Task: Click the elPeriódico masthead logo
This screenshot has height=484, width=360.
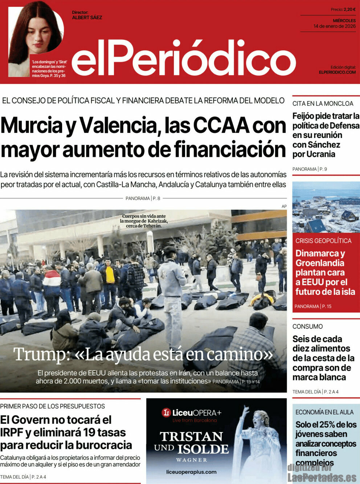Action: [183, 58]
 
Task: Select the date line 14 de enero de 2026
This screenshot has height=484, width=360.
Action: [335, 26]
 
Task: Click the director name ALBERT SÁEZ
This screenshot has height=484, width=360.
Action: [87, 17]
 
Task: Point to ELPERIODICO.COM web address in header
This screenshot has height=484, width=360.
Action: [337, 72]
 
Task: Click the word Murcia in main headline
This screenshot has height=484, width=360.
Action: [32, 126]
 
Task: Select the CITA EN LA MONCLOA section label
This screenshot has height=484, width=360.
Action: [323, 103]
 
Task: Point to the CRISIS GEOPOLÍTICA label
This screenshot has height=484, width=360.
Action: [323, 241]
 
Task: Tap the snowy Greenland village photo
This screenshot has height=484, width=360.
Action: [326, 208]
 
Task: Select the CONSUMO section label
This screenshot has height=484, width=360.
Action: [307, 326]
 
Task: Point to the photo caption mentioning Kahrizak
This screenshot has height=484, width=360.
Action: [144, 221]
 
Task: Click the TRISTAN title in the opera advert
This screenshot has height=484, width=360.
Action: [191, 436]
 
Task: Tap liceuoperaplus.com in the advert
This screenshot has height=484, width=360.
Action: [191, 472]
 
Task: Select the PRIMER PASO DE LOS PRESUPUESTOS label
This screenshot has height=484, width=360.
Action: [52, 406]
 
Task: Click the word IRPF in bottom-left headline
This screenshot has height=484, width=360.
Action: [12, 432]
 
